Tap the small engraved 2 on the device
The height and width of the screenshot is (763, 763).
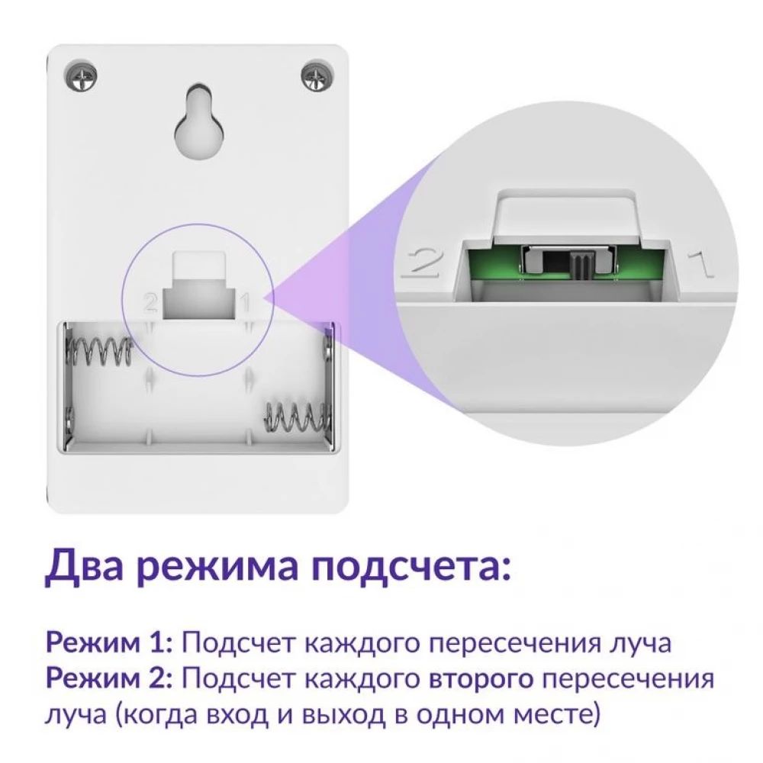click(150, 303)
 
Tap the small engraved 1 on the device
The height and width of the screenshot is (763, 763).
click(246, 303)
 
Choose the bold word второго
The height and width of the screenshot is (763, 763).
click(481, 680)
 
